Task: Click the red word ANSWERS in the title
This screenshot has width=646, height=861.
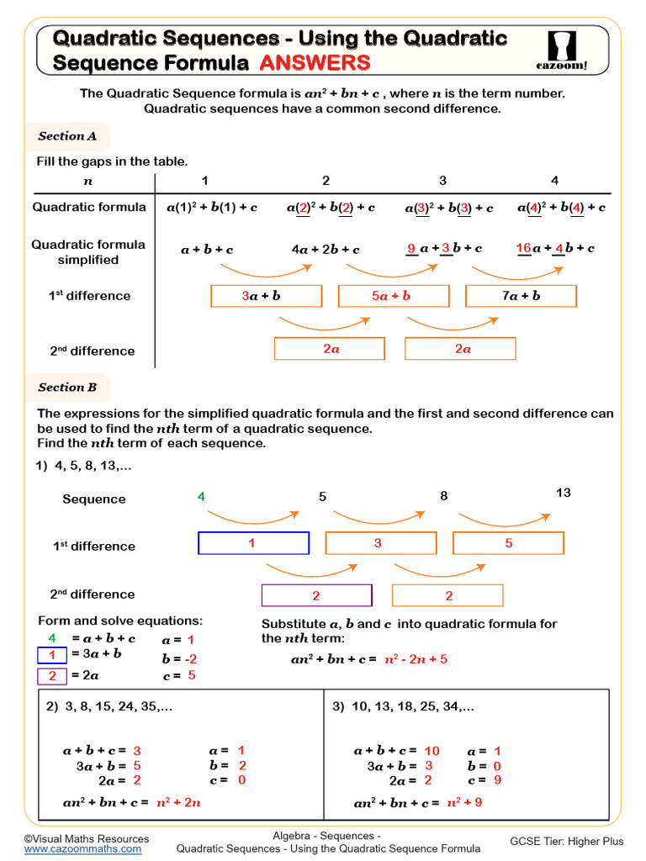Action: point(315,63)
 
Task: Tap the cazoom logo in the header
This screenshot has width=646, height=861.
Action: point(561,50)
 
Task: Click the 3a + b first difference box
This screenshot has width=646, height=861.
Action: point(266,296)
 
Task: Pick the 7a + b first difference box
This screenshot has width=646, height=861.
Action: point(521,296)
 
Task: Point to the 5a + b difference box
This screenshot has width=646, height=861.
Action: point(393,296)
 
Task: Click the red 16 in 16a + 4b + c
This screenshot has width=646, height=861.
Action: point(522,248)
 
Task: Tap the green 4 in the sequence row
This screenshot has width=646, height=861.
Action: point(201,496)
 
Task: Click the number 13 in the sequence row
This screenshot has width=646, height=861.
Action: point(564,493)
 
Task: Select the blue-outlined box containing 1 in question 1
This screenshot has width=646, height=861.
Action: point(253,544)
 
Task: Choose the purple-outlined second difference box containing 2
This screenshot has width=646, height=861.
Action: point(316,595)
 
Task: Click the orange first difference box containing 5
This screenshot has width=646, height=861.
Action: point(508,544)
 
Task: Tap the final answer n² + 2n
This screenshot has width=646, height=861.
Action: point(178,803)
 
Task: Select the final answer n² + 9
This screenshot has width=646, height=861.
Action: point(464,803)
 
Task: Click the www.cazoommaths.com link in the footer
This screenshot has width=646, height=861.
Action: point(82,849)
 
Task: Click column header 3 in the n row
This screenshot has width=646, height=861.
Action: point(442,181)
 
